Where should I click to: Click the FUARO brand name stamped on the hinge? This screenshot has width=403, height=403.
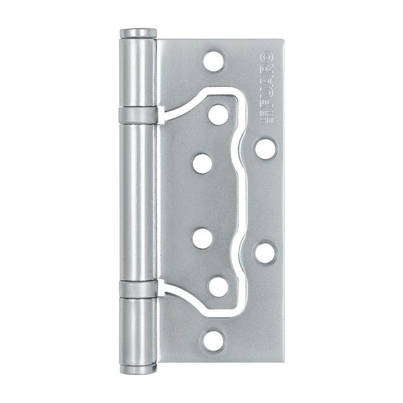[x=267, y=80]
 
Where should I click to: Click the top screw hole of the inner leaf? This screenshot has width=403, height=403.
[x=219, y=114]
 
